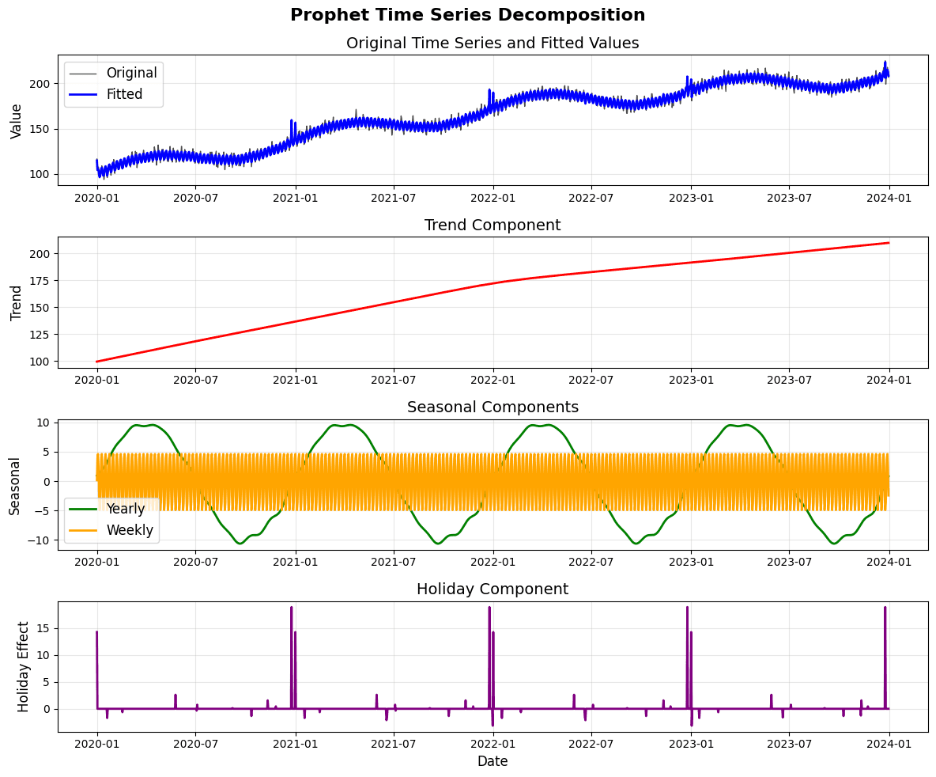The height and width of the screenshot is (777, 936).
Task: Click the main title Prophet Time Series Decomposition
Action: click(467, 15)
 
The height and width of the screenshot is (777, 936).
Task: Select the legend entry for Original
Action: click(131, 73)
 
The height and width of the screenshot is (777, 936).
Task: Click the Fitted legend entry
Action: click(124, 94)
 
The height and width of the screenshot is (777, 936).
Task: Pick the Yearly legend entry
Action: click(125, 509)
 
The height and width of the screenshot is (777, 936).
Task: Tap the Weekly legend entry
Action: click(129, 530)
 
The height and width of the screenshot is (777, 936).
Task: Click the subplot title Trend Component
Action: click(493, 226)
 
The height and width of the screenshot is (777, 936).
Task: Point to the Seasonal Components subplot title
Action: click(493, 407)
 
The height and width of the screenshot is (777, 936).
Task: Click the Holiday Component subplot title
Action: click(493, 589)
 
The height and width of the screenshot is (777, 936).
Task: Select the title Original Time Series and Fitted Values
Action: click(493, 44)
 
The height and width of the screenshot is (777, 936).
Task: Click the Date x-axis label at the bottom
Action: click(493, 761)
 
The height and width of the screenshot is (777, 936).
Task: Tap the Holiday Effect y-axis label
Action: click(24, 666)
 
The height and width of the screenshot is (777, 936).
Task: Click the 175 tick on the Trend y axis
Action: click(40, 281)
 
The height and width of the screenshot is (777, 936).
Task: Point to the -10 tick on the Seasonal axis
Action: click(39, 540)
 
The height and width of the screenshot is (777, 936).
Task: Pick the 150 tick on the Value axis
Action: click(40, 129)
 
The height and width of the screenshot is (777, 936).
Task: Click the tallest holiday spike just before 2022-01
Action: click(489, 608)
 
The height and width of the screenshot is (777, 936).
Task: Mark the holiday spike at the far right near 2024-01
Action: click(885, 608)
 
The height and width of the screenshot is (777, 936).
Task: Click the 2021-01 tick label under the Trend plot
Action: click(296, 381)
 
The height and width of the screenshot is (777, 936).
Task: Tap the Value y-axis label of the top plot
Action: click(17, 120)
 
